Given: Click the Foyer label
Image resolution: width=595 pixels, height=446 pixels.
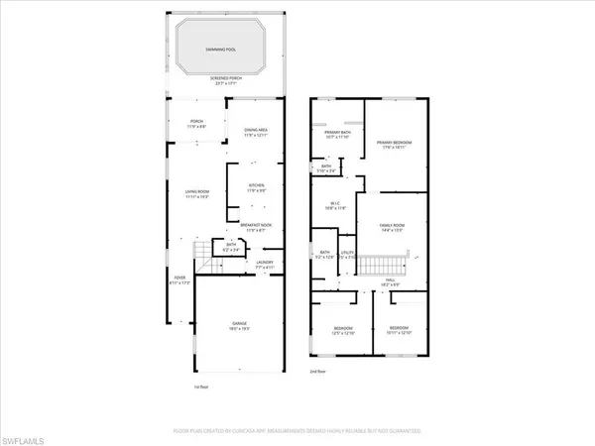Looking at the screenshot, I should point(179,280).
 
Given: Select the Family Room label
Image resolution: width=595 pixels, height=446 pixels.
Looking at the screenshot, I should point(394,228).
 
